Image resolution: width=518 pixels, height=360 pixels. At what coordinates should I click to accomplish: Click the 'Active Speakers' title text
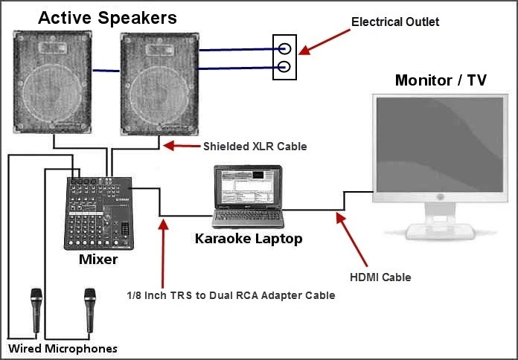tap(107, 16)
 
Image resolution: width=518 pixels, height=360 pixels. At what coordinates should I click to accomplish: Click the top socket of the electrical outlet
tap(284, 50)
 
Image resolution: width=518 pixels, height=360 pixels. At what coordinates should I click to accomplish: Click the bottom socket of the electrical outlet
tap(284, 69)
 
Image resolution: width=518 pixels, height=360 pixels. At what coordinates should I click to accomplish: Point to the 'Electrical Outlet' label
tap(395, 22)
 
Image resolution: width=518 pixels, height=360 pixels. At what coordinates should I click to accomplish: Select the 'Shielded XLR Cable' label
tap(255, 147)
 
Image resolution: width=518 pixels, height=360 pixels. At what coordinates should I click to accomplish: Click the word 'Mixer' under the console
tap(98, 260)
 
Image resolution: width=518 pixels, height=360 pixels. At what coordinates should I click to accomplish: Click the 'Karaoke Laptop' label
tap(249, 239)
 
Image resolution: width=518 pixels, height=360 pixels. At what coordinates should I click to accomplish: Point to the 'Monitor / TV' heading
tap(441, 80)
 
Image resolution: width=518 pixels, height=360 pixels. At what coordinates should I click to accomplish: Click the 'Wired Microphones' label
tap(63, 348)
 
